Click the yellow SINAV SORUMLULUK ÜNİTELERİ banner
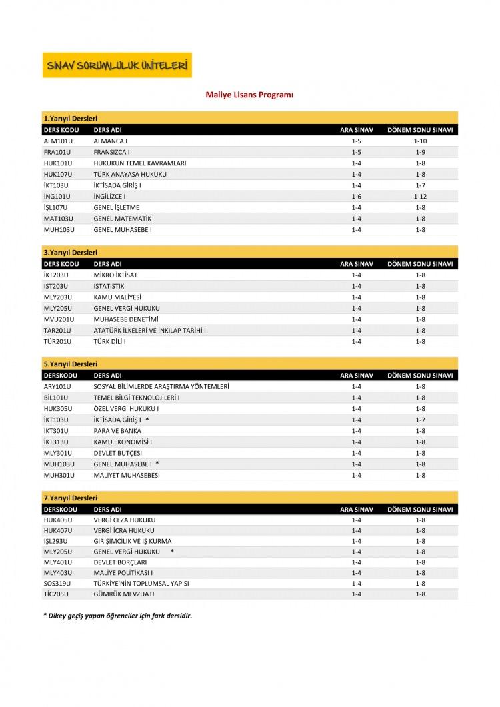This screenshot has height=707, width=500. (x=117, y=65)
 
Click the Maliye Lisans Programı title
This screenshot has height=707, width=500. (x=249, y=95)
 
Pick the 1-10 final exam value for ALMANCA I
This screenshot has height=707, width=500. (x=420, y=141)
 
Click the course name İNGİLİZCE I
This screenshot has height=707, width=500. (x=110, y=197)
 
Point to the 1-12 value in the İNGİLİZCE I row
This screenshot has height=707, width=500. (x=420, y=197)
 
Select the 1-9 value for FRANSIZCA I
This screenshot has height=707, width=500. (x=420, y=152)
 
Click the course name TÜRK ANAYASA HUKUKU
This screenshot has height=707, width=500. (x=130, y=174)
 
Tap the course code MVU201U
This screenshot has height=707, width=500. (x=58, y=319)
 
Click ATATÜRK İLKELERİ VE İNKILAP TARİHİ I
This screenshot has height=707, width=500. (x=150, y=331)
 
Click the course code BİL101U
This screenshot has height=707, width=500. (x=57, y=398)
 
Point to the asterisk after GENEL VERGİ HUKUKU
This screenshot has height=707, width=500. (x=172, y=552)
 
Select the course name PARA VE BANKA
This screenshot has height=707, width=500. (x=117, y=431)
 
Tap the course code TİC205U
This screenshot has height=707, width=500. (x=57, y=594)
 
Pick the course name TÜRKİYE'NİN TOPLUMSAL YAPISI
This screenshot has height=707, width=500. (x=141, y=583)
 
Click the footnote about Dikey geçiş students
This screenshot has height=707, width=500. (x=117, y=616)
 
